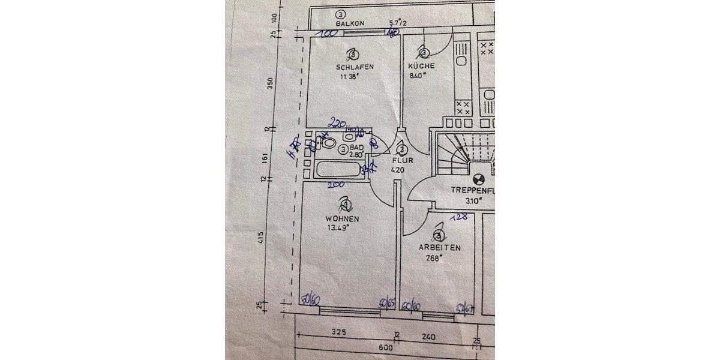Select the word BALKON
(x=350, y=23)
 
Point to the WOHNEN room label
(x=343, y=219)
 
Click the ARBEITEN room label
(x=440, y=248)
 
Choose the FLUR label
(x=401, y=161)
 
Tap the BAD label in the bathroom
(x=357, y=147)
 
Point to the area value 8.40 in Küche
(x=418, y=76)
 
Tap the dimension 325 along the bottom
(x=340, y=331)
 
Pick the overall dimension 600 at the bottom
(x=385, y=347)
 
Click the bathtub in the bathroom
(x=336, y=169)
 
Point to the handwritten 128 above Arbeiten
(x=458, y=217)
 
